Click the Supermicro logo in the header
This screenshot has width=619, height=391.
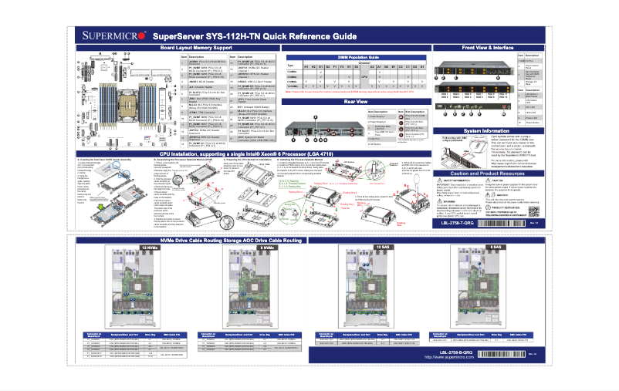tap(114, 35)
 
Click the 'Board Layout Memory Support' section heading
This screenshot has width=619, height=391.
tap(196, 48)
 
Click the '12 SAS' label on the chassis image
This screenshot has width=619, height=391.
tap(383, 247)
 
